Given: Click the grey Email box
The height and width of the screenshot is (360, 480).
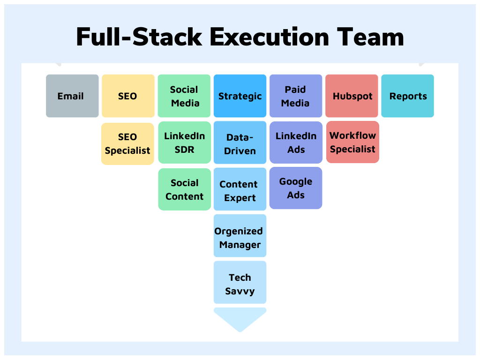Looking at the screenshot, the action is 72,96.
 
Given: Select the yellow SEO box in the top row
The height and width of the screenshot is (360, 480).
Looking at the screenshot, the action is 128,96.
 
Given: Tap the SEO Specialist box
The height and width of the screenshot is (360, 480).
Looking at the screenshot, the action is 127,143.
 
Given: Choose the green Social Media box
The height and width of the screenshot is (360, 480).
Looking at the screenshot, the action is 184,96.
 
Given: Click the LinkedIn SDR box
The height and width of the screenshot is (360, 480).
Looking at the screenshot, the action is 185,142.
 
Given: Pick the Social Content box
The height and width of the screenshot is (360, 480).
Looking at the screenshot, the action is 185,189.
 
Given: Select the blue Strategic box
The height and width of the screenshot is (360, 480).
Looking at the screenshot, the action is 240,96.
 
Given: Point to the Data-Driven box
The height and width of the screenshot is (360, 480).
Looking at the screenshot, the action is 240,142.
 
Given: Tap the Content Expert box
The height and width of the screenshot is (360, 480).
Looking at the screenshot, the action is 240,189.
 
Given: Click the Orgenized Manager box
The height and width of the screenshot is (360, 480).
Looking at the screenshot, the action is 240,236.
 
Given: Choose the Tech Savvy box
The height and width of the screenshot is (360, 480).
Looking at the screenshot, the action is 240,282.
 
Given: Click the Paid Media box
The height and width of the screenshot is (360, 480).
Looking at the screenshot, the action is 296,96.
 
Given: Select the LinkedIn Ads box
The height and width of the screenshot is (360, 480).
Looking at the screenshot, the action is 296,142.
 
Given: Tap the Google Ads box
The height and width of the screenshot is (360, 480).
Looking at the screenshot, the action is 296,188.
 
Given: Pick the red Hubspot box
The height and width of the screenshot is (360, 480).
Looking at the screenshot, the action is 352,96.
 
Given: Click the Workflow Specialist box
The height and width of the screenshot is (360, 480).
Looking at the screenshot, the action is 352,142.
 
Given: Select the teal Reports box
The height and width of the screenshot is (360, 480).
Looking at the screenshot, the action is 407,96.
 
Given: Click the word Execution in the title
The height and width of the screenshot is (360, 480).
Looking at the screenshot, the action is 270,37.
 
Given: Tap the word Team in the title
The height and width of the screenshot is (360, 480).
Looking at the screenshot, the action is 370,37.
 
